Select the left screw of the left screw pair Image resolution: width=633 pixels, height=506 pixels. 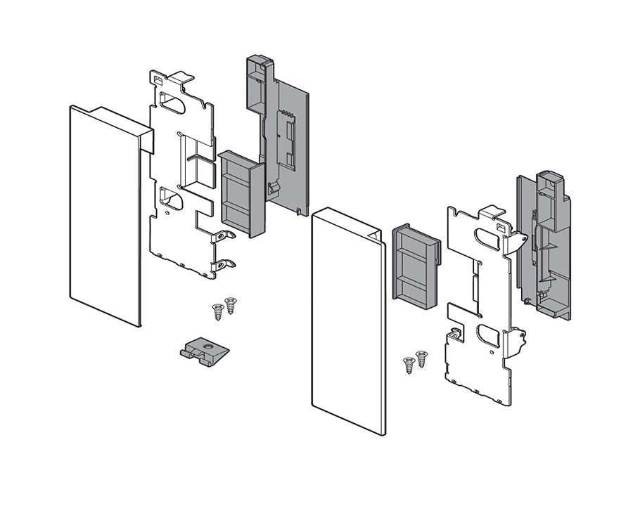(218, 311)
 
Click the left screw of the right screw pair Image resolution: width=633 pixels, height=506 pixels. (409, 365)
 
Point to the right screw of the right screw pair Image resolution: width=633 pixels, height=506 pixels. (421, 358)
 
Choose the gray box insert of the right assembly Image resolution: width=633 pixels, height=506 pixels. (416, 267)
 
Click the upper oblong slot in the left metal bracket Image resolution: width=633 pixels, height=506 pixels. (173, 103)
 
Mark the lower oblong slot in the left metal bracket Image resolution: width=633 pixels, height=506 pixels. (172, 200)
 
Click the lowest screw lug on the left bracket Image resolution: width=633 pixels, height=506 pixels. (225, 266)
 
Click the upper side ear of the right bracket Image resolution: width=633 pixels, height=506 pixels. (519, 241)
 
